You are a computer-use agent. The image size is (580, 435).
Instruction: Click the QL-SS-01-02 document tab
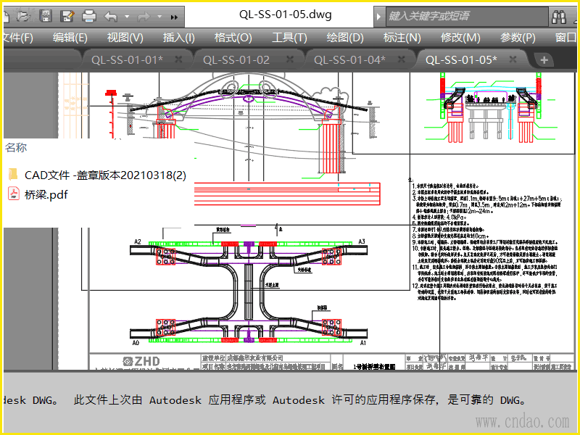[x=236, y=60]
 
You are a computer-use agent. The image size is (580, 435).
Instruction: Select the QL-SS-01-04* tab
[x=349, y=60]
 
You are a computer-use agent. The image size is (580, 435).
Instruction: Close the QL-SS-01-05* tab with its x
[x=513, y=59]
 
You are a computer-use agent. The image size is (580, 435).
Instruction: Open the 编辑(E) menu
[x=70, y=38]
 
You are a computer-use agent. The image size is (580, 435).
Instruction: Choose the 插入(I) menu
[x=178, y=38]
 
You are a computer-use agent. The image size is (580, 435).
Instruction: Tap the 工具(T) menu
[x=289, y=38]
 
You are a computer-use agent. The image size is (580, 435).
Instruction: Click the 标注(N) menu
[x=402, y=38]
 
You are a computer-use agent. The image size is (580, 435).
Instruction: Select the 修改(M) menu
[x=460, y=38]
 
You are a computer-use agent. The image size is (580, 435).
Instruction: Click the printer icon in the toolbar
[x=88, y=15]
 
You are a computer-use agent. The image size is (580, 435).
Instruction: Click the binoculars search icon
[x=559, y=16]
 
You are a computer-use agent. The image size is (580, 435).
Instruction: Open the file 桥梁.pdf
[x=46, y=194]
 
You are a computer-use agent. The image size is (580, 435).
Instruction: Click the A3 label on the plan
[x=362, y=241]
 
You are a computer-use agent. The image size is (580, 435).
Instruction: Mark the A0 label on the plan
[x=136, y=342]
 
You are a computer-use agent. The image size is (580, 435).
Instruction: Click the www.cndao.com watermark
[x=522, y=421]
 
